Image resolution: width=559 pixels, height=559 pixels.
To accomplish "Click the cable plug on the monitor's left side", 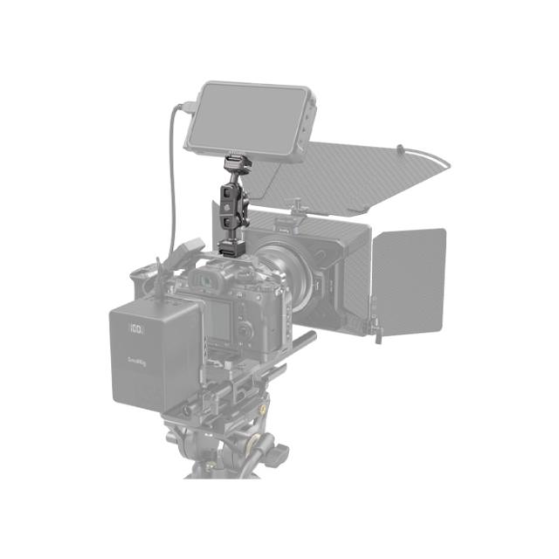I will [185, 109].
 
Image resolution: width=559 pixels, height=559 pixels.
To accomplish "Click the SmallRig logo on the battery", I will [134, 358].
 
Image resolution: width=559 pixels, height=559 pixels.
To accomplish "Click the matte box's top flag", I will [367, 175].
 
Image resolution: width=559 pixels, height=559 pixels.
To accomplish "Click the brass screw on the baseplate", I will [261, 409].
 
